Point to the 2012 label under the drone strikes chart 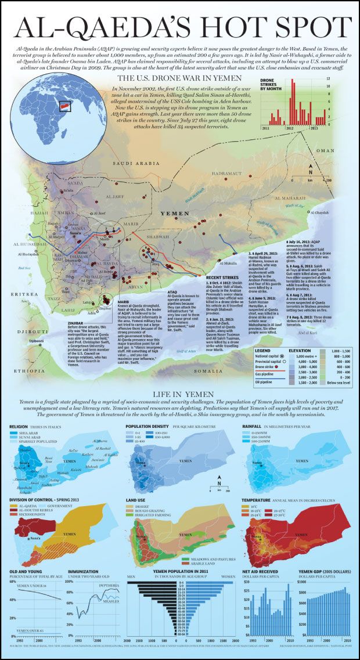pyautogui.click(x=289, y=127)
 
